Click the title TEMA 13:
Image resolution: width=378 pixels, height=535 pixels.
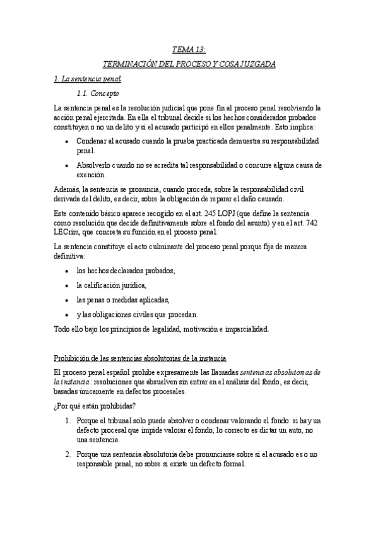tap(189, 49)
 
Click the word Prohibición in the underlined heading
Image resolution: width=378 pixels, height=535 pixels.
tap(73, 358)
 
